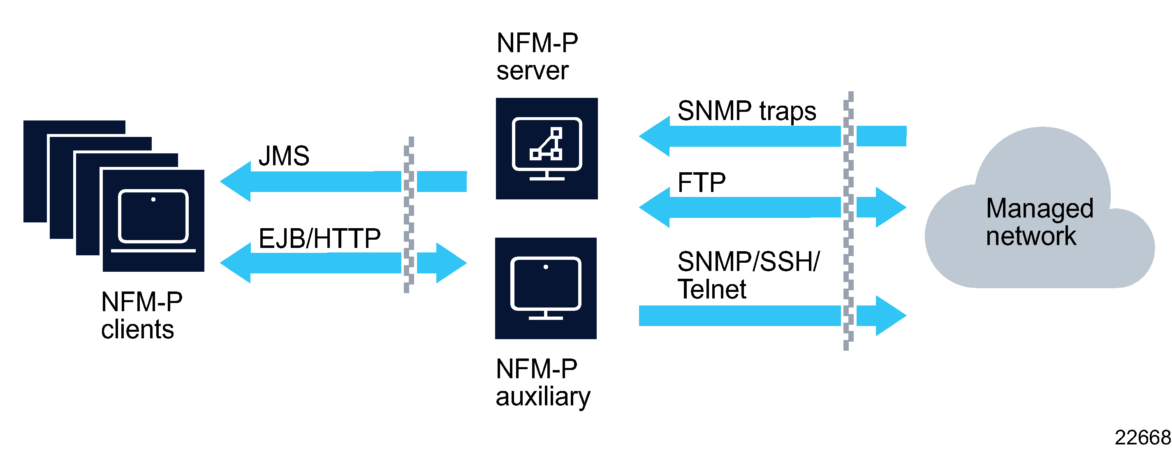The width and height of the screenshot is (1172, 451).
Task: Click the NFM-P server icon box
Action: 547,148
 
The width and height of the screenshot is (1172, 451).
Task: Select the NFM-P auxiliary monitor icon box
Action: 546,288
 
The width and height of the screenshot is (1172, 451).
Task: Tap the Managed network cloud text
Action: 1039,222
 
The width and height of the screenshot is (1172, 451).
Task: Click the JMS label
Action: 284,156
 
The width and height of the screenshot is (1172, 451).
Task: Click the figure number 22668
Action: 1142,438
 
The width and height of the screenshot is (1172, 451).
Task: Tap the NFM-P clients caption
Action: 141,315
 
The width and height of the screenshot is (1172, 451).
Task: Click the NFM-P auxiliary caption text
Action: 542,382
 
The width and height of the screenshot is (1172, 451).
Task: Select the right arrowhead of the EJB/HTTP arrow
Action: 450,263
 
